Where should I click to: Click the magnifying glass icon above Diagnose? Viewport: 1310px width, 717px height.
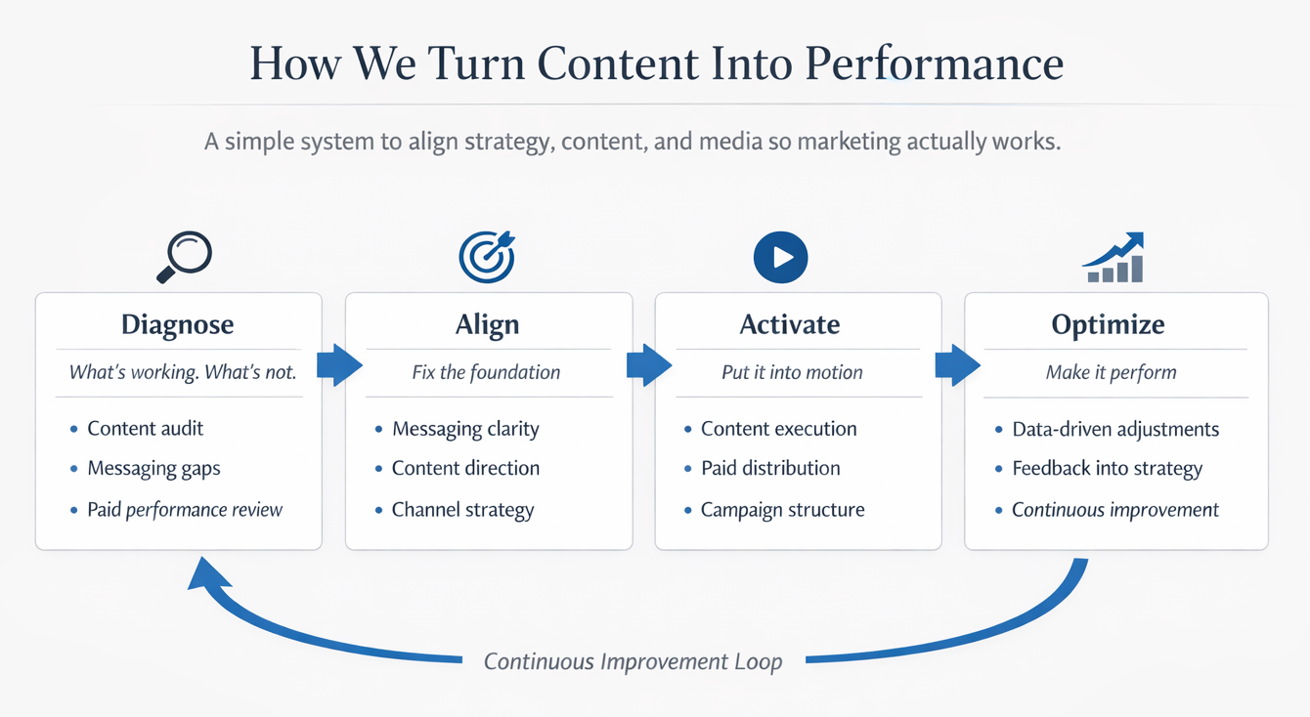click(x=184, y=255)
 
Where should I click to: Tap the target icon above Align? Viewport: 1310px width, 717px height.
click(x=487, y=256)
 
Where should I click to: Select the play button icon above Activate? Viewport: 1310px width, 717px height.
click(x=780, y=256)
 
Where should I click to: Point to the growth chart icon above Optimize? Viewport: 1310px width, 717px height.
click(x=1114, y=258)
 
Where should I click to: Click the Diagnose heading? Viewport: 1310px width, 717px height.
click(x=178, y=324)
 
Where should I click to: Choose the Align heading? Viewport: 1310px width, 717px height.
click(x=487, y=324)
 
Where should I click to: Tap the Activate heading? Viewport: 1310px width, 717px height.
click(x=790, y=324)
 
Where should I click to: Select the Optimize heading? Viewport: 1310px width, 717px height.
click(x=1108, y=324)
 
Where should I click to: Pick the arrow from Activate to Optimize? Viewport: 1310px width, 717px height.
click(x=956, y=365)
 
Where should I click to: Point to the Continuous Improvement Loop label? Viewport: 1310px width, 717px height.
click(x=633, y=661)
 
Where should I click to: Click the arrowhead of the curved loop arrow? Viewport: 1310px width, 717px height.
click(x=204, y=576)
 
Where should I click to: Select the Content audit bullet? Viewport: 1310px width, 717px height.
click(x=145, y=428)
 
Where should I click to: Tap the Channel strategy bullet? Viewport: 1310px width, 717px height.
click(x=462, y=509)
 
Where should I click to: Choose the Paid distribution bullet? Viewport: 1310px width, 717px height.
click(x=770, y=468)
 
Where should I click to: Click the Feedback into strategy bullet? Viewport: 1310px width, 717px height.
click(x=1107, y=468)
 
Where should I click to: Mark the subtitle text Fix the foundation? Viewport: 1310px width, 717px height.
click(x=486, y=372)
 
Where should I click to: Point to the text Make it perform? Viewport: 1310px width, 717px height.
click(x=1111, y=372)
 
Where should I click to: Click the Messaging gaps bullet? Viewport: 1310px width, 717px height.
click(x=153, y=468)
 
